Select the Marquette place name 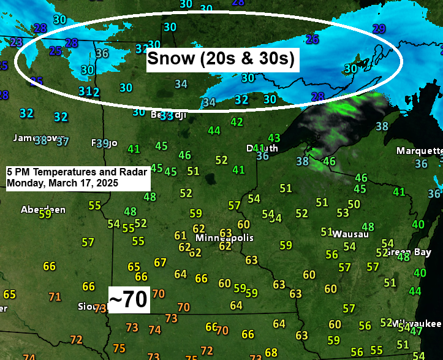coord(419,150)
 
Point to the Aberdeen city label coord(43,210)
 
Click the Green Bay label coord(399,253)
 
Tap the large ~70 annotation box coord(127,299)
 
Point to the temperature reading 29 coord(379,29)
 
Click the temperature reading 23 coord(16,42)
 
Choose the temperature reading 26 coord(312,39)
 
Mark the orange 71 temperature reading coord(55,297)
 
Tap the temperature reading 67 coord(160,262)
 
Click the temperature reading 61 coord(180,236)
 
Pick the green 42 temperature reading coord(237,123)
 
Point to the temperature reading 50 coord(354,204)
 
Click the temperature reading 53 coord(343,213)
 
